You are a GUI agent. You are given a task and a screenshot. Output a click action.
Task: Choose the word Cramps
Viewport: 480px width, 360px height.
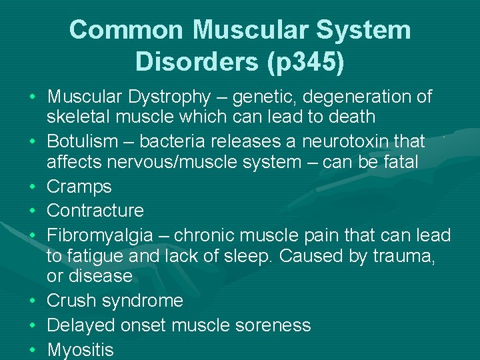[79, 187]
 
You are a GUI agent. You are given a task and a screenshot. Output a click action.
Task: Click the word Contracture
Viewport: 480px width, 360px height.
[95, 211]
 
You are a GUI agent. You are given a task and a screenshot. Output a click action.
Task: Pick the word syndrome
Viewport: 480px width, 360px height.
[143, 301]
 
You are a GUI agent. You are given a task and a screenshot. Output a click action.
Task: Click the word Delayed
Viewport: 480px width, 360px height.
[81, 325]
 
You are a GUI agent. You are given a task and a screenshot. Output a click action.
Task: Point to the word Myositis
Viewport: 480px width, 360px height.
[81, 349]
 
